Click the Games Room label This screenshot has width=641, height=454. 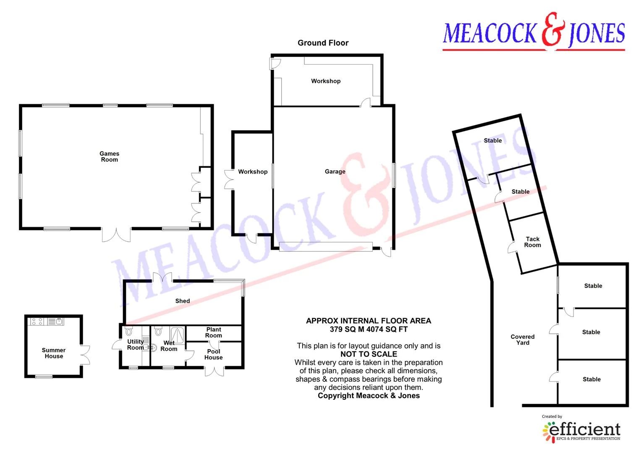(x=109, y=156)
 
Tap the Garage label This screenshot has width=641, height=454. (x=335, y=172)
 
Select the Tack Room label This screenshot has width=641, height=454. (x=533, y=242)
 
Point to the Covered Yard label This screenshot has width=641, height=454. (x=523, y=340)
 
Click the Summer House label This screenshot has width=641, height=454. (x=54, y=353)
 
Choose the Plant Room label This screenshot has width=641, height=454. (x=214, y=333)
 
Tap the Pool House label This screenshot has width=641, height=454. (x=214, y=354)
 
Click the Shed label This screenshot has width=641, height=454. (x=183, y=301)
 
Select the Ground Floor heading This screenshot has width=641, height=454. (x=323, y=43)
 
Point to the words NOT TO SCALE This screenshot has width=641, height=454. (x=369, y=354)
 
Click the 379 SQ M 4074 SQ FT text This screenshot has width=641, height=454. (x=369, y=329)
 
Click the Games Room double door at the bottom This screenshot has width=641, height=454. (x=116, y=235)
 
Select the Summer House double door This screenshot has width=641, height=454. (x=85, y=355)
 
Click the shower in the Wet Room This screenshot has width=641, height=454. (x=178, y=335)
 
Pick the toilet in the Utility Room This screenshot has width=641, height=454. (x=129, y=331)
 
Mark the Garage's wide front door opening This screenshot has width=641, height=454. (x=326, y=247)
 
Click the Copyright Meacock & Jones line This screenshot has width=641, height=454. (x=369, y=396)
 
